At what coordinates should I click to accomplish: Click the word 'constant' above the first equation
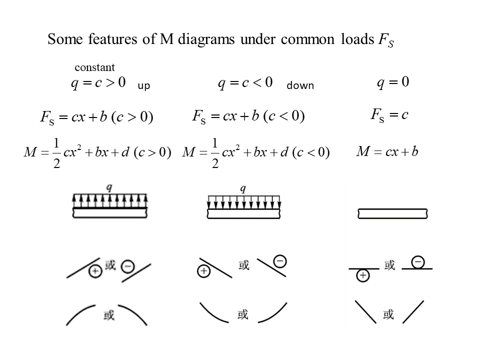(x=94, y=67)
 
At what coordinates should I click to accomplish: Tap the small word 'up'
(x=143, y=86)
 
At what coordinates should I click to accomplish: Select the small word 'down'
(x=300, y=86)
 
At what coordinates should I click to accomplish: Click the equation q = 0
(x=393, y=82)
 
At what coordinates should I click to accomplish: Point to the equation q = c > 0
(x=97, y=82)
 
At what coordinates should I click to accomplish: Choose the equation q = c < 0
(x=245, y=82)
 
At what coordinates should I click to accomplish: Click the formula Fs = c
(x=389, y=115)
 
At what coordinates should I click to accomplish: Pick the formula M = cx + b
(x=387, y=151)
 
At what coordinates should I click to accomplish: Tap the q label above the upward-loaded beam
(x=109, y=187)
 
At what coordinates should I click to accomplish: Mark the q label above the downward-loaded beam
(x=243, y=188)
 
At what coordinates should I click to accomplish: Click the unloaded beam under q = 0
(x=392, y=213)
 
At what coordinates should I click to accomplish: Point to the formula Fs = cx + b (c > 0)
(x=96, y=117)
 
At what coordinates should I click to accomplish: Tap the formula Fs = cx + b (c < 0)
(x=248, y=117)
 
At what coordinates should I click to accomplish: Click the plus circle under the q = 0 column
(x=363, y=275)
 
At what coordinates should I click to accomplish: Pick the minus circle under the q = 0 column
(x=417, y=261)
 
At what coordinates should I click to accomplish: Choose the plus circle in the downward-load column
(x=204, y=271)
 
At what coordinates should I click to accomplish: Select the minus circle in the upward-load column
(x=128, y=267)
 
